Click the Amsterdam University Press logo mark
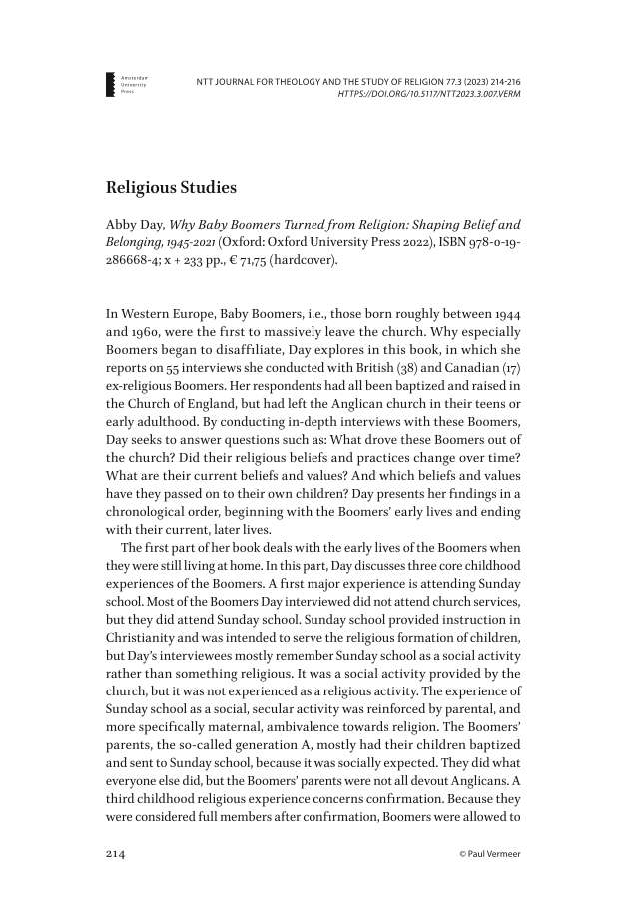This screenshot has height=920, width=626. (x=111, y=84)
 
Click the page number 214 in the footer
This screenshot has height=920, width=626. (x=119, y=854)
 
